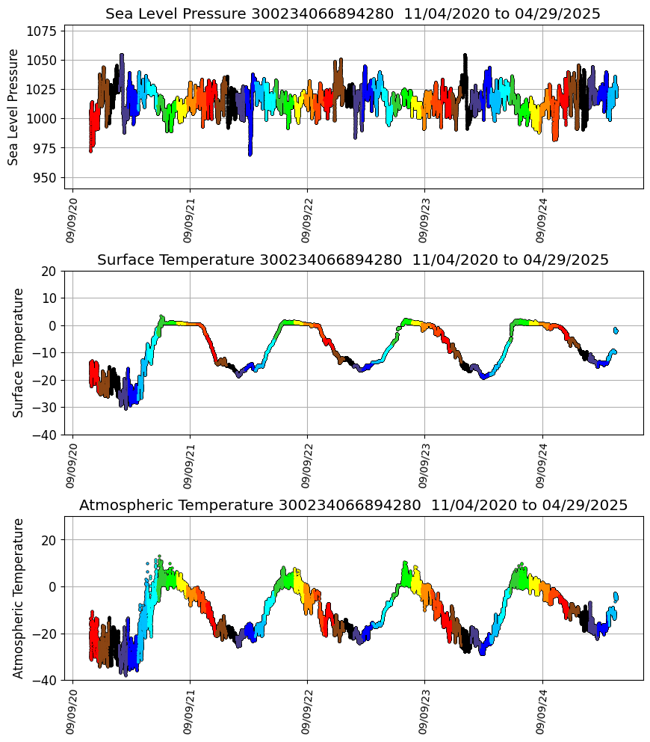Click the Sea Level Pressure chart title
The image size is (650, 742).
[353, 14]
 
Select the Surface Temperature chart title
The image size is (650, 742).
[353, 260]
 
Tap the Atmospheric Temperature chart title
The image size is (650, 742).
[353, 506]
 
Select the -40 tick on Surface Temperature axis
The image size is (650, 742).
[45, 435]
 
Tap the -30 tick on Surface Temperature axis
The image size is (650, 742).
[45, 408]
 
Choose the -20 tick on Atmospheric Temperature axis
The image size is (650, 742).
[45, 634]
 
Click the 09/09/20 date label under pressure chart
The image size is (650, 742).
[72, 219]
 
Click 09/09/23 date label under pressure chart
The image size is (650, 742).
[424, 219]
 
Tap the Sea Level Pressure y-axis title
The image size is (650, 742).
[13, 107]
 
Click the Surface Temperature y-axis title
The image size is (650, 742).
[19, 352]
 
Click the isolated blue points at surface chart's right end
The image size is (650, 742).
[616, 330]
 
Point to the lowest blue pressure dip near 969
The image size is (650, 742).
[250, 153]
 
